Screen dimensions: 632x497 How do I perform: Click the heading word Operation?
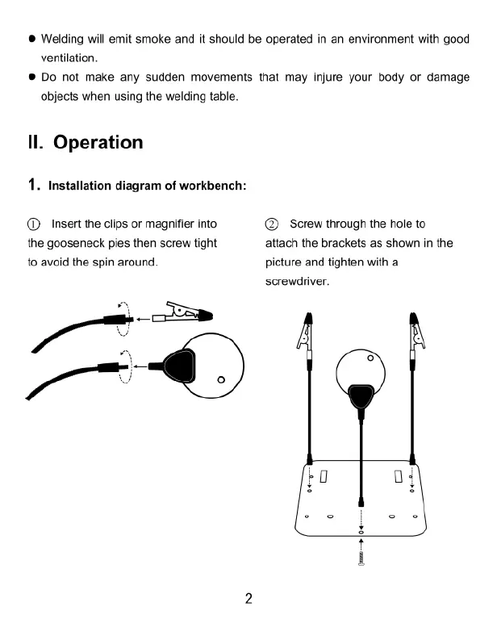[98, 143]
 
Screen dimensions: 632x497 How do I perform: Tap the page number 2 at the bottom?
[248, 598]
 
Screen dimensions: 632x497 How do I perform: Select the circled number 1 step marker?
[33, 224]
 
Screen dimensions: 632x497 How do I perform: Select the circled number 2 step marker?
[271, 224]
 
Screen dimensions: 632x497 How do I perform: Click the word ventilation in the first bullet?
[69, 57]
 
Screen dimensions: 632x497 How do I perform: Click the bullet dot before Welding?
[31, 40]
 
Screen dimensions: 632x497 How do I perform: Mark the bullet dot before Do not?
[31, 78]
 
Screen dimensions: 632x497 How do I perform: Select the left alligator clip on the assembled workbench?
[307, 330]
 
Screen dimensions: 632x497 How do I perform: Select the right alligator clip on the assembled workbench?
[416, 330]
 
